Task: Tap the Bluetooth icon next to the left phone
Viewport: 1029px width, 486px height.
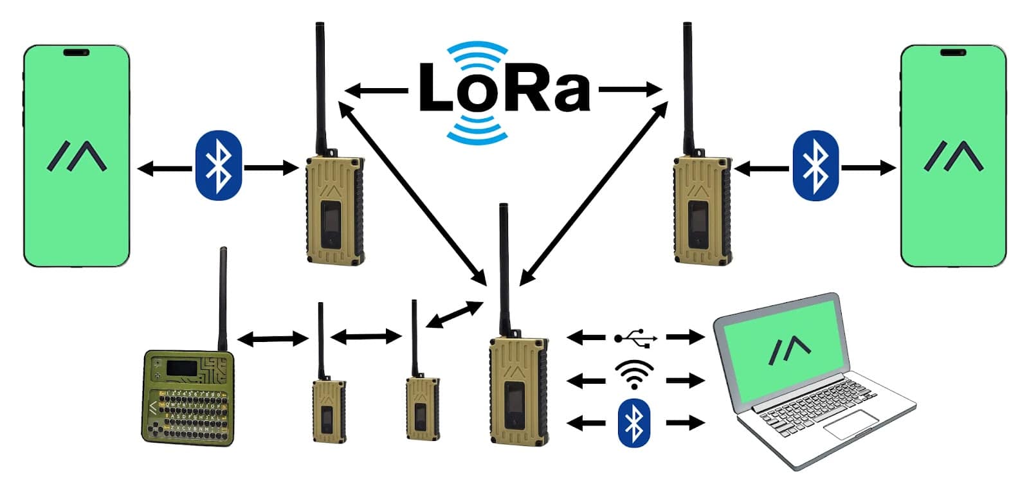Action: (x=218, y=166)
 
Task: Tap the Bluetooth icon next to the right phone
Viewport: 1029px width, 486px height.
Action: (x=815, y=166)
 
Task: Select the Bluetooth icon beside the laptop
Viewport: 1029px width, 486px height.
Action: (x=633, y=422)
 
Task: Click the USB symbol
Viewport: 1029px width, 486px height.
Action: (x=635, y=337)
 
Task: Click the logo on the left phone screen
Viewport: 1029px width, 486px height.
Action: (x=77, y=156)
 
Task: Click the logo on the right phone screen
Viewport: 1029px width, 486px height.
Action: (x=953, y=156)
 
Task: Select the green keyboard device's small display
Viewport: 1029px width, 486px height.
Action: (x=181, y=368)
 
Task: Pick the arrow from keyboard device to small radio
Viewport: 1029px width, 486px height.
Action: (x=273, y=338)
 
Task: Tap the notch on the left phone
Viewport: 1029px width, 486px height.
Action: (x=77, y=53)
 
